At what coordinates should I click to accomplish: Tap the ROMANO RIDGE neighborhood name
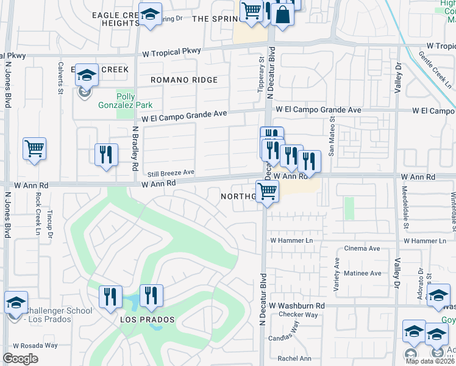pyautogui.click(x=184, y=80)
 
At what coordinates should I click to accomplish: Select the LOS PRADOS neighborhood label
pyautogui.click(x=147, y=320)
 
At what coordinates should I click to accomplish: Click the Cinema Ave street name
pyautogui.click(x=363, y=249)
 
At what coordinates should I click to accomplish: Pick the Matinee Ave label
pyautogui.click(x=362, y=273)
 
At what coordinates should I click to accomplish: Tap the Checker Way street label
pyautogui.click(x=298, y=315)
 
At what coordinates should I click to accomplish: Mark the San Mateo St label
pyautogui.click(x=332, y=137)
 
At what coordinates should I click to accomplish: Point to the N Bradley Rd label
pyautogui.click(x=135, y=149)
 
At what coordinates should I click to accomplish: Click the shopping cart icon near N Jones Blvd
pyautogui.click(x=35, y=149)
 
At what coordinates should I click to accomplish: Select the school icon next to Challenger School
pyautogui.click(x=16, y=302)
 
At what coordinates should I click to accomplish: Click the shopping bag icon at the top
pyautogui.click(x=283, y=15)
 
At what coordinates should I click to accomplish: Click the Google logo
pyautogui.click(x=20, y=359)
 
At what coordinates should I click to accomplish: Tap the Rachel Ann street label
pyautogui.click(x=294, y=359)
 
